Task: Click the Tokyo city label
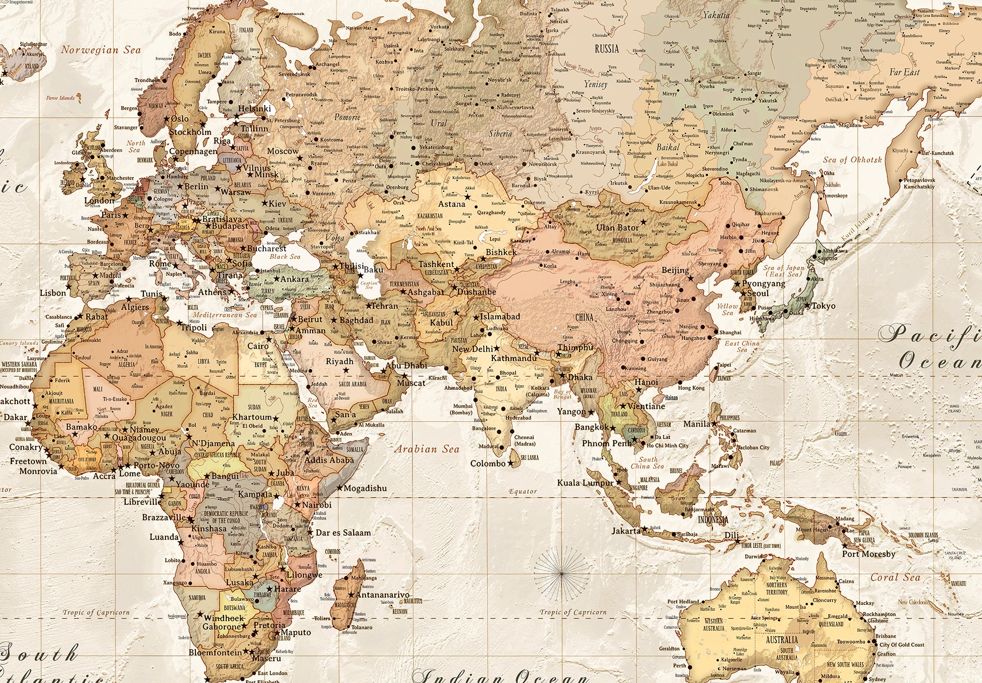[x=823, y=306]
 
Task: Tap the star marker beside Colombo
[x=511, y=464]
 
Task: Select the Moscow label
[x=283, y=151]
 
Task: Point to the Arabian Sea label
[x=427, y=449]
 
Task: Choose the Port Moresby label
[x=869, y=554]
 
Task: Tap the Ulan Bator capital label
[x=618, y=228]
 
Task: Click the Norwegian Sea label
[x=101, y=50]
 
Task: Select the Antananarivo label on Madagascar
[x=382, y=595]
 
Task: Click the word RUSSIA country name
[x=607, y=49]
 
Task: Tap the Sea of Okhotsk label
[x=852, y=160]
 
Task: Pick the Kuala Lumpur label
[x=585, y=483]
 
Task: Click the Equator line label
[x=522, y=491]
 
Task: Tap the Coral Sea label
[x=896, y=578]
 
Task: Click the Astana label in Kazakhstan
[x=451, y=204]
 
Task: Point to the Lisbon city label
[x=53, y=293]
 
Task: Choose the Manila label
[x=697, y=424]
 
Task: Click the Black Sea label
[x=285, y=257]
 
